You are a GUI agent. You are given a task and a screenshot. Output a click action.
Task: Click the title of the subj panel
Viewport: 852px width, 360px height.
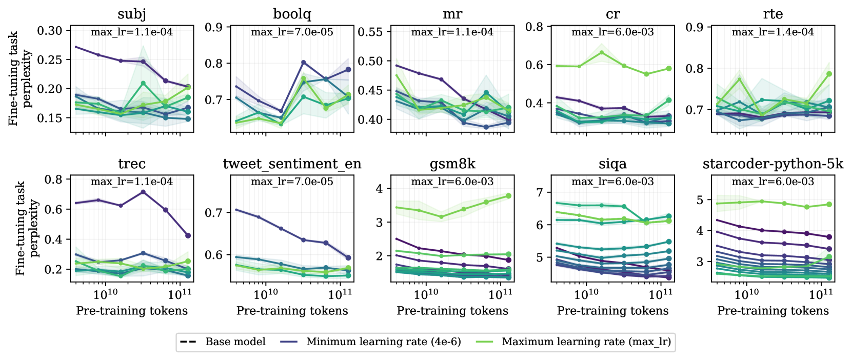pyautogui.click(x=132, y=14)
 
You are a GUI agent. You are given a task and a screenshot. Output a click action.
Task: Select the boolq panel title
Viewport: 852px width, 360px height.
pyautogui.click(x=292, y=14)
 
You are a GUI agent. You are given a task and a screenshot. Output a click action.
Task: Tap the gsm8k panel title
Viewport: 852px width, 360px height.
pyautogui.click(x=452, y=164)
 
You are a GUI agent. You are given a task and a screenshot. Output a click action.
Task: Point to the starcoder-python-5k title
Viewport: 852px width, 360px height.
pyautogui.click(x=772, y=164)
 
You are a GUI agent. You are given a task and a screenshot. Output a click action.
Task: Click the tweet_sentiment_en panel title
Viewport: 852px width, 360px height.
pyautogui.click(x=292, y=164)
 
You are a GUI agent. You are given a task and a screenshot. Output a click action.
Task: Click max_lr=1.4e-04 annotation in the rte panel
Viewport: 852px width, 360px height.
pyautogui.click(x=772, y=32)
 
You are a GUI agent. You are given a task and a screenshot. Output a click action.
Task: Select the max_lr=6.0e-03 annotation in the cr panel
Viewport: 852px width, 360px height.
pyautogui.click(x=612, y=32)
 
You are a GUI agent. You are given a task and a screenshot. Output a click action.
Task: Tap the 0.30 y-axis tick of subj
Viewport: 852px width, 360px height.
pyautogui.click(x=50, y=31)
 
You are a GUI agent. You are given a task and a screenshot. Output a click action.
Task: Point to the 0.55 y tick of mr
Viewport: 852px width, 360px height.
pyautogui.click(x=370, y=32)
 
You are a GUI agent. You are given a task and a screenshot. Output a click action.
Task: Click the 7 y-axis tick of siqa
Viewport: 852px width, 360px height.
pyautogui.click(x=539, y=193)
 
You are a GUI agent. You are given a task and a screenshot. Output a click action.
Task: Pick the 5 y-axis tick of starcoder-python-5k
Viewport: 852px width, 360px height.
pyautogui.click(x=699, y=200)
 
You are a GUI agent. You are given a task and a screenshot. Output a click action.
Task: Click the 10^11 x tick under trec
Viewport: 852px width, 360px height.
pyautogui.click(x=180, y=294)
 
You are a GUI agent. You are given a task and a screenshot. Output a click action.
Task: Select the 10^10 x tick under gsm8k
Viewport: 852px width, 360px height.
pyautogui.click(x=426, y=294)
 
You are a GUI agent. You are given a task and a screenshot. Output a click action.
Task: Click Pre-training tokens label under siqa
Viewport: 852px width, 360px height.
pyautogui.click(x=612, y=311)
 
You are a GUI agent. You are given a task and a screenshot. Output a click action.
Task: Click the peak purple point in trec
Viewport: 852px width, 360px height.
pyautogui.click(x=143, y=192)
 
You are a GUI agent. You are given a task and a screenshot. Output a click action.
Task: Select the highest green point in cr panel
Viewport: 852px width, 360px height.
pyautogui.click(x=602, y=52)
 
